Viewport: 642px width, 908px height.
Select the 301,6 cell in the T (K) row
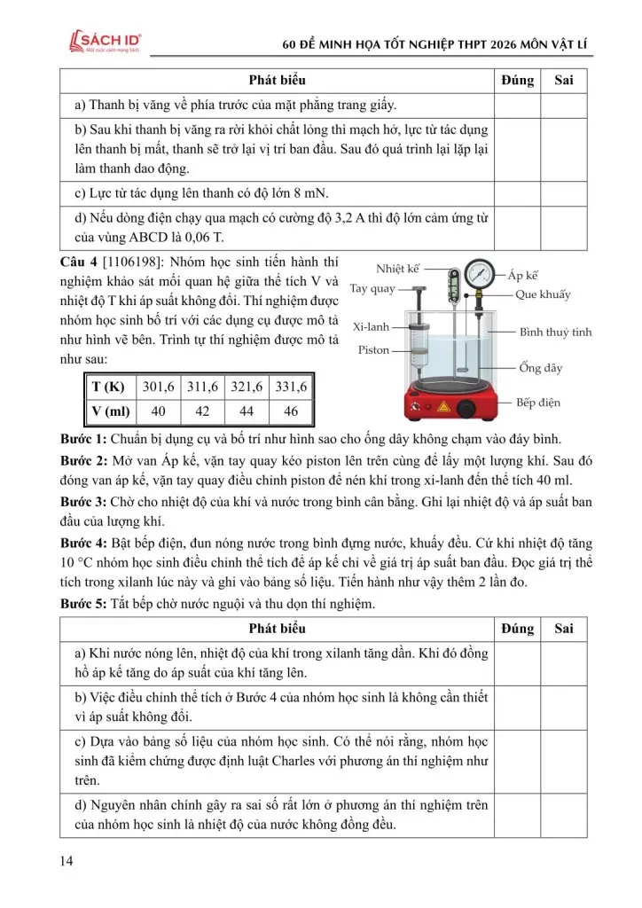(159, 387)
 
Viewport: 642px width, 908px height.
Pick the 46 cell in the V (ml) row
(290, 411)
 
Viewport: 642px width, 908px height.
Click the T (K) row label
(109, 387)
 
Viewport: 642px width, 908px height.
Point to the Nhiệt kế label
(397, 269)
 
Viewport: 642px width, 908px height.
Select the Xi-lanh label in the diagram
(372, 326)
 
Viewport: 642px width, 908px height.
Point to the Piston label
(373, 350)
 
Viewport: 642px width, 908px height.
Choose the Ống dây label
(541, 368)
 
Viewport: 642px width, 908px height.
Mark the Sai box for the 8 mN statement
(563, 193)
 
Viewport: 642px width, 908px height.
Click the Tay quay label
(372, 289)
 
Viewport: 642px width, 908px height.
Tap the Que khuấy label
(543, 294)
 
